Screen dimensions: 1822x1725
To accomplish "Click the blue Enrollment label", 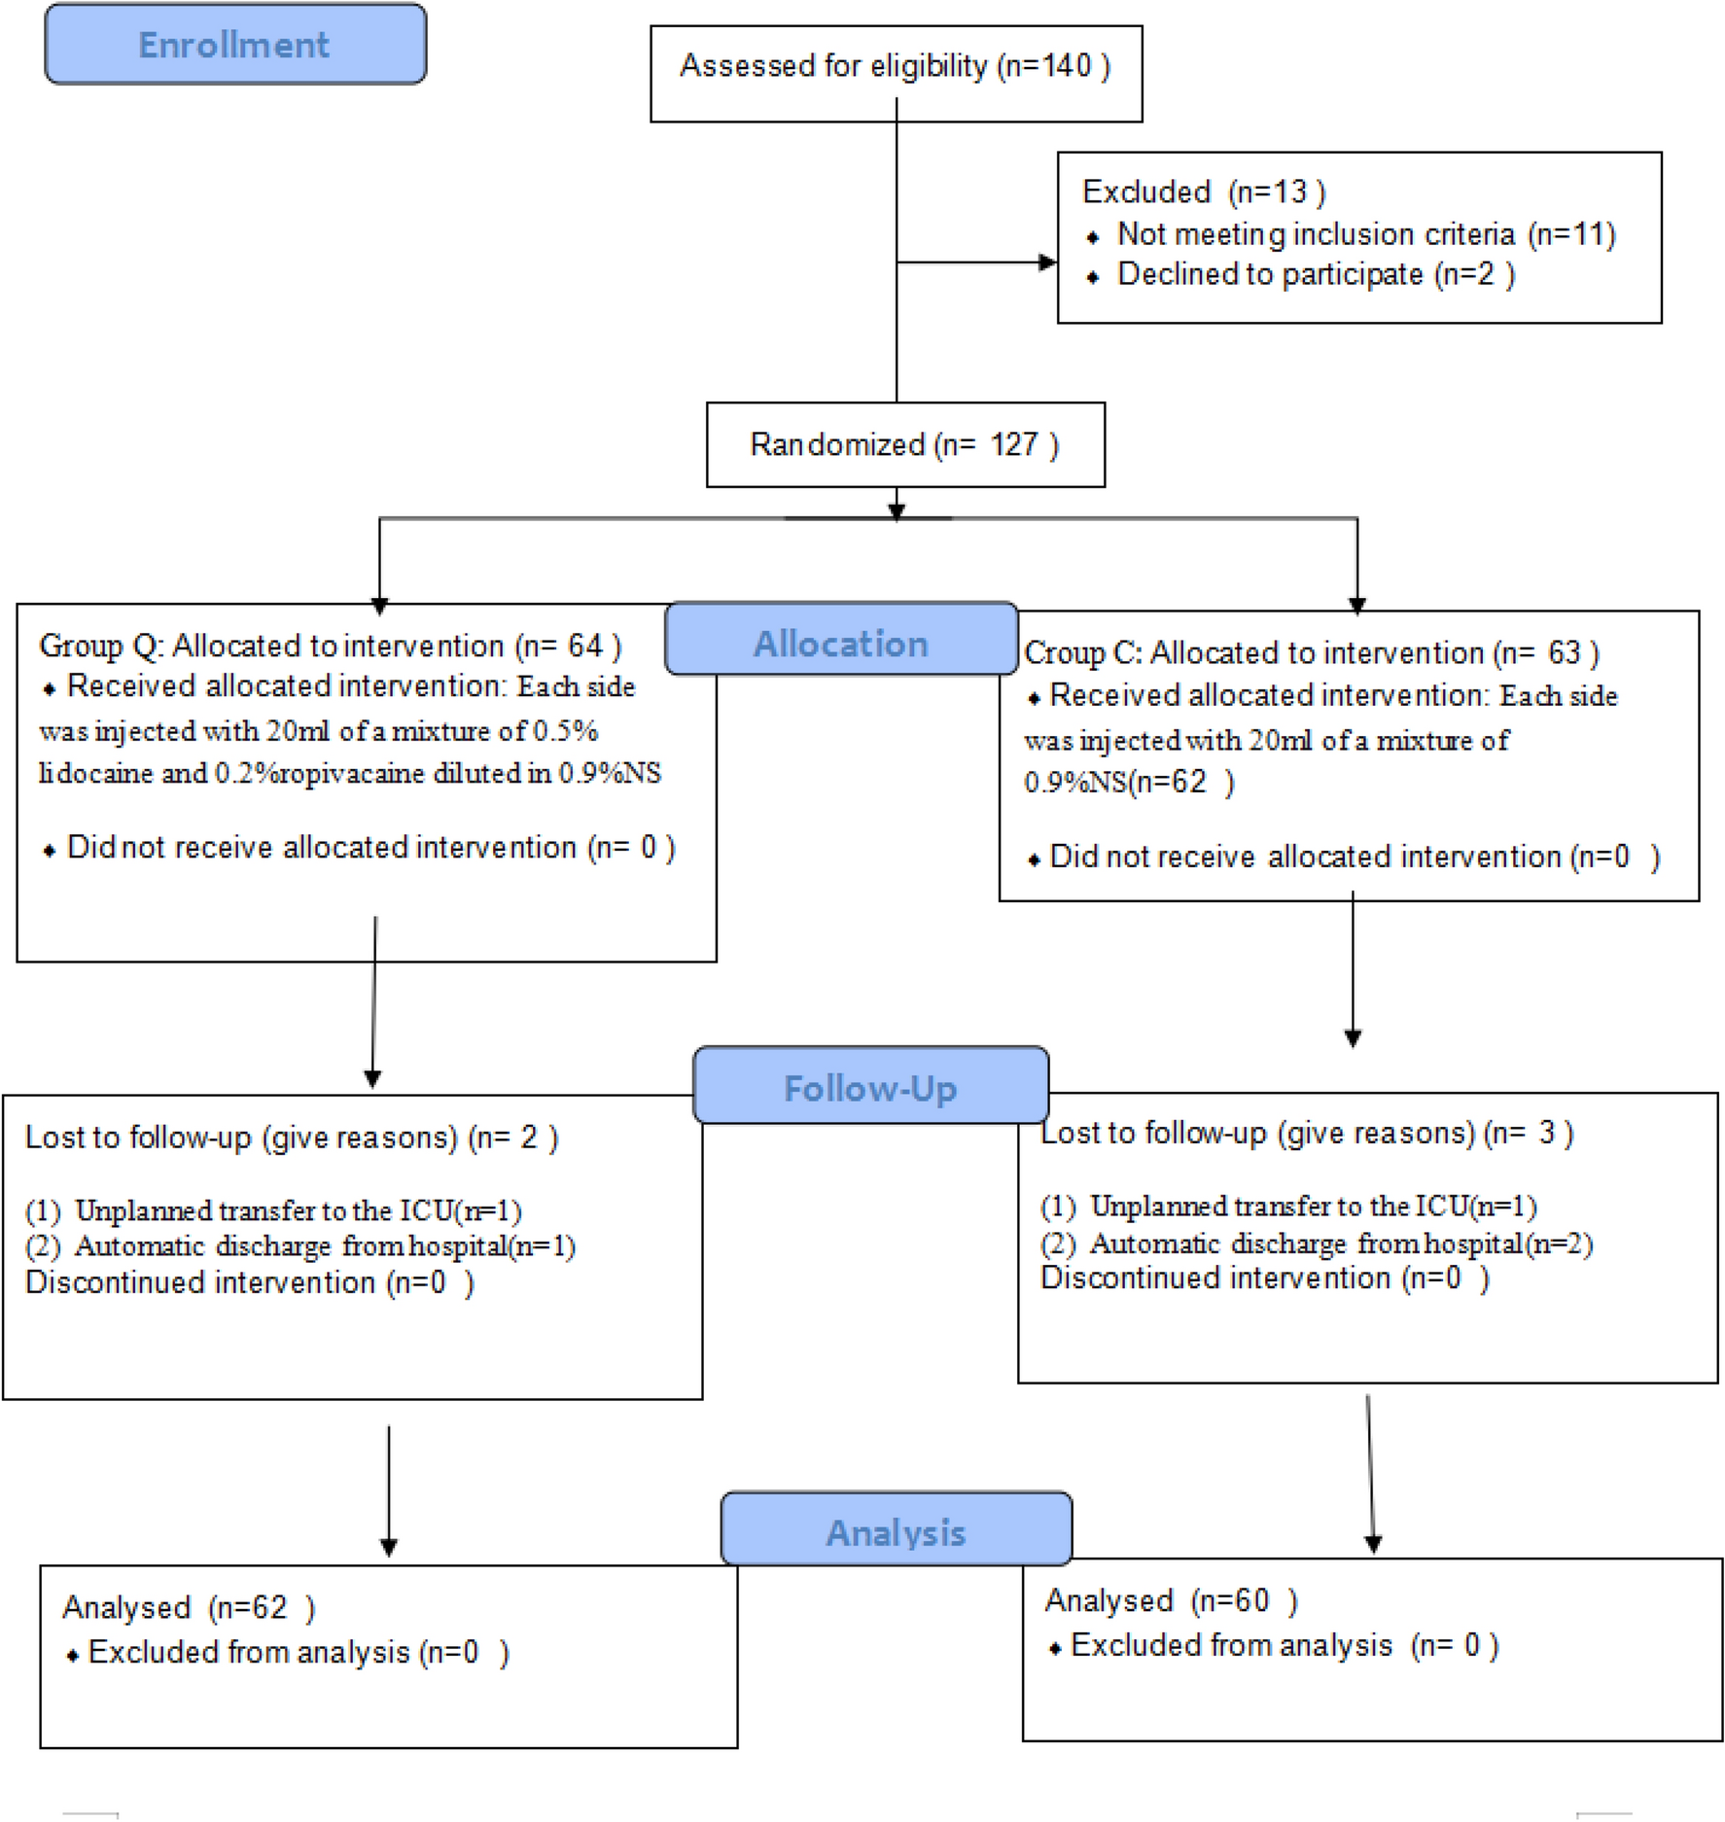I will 234,45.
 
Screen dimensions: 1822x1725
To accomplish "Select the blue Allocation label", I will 841,644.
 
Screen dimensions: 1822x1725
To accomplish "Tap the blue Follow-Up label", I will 870,1088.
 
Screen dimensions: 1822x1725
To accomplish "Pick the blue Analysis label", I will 896,1532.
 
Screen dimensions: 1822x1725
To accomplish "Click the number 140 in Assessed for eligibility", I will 1067,65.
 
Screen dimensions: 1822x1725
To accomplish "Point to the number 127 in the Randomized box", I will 1014,444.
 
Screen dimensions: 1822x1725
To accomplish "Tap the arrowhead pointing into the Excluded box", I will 1047,263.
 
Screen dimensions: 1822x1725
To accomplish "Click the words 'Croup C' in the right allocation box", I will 1081,652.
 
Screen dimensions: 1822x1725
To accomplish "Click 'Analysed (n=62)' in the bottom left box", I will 189,1607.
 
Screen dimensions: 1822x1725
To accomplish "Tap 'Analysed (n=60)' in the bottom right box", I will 1171,1600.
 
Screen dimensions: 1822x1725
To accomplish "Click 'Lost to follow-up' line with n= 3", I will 1306,1133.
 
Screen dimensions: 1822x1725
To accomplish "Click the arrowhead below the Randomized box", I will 897,511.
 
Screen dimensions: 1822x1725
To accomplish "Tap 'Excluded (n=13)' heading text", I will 1203,192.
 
